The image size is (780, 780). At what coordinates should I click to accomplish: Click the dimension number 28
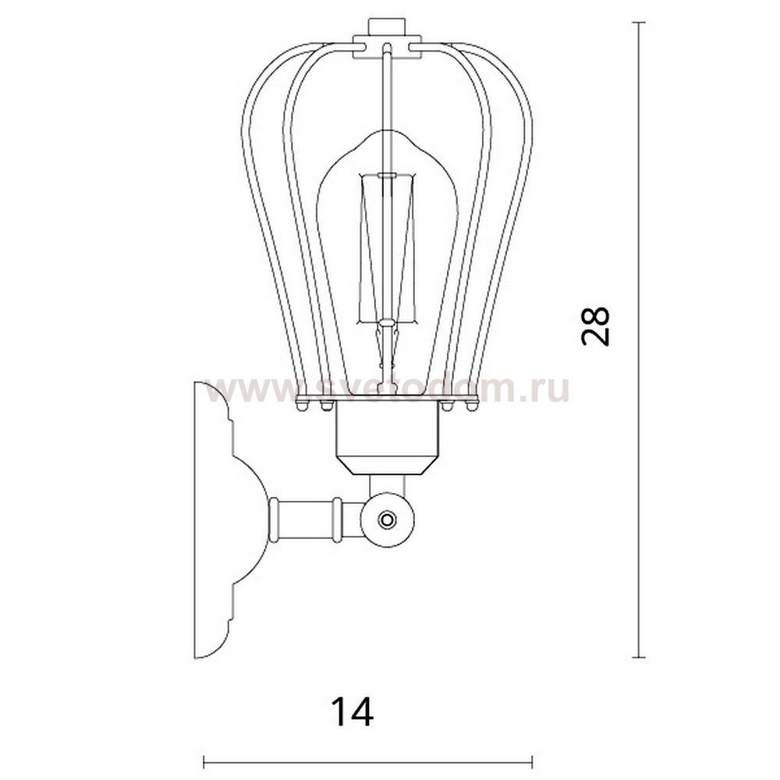point(595,326)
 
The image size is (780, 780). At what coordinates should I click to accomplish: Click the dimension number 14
point(353,711)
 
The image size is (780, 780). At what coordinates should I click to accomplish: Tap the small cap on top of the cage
point(387,27)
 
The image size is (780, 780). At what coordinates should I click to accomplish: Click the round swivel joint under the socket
point(388,519)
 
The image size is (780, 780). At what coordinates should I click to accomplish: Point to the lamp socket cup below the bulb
point(388,438)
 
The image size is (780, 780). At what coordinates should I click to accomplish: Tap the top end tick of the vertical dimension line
point(640,23)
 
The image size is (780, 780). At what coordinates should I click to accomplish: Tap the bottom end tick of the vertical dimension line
point(640,657)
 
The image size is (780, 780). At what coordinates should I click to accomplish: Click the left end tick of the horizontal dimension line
point(204,761)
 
